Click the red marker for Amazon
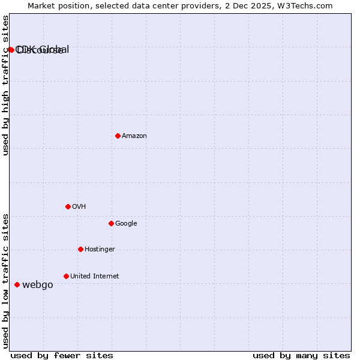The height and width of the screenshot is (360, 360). pyautogui.click(x=118, y=136)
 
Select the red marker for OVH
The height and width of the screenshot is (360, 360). pyautogui.click(x=68, y=206)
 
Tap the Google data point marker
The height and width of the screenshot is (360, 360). pyautogui.click(x=111, y=223)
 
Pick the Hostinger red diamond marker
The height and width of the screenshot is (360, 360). pyautogui.click(x=80, y=249)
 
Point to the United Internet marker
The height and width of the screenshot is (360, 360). pyautogui.click(x=66, y=276)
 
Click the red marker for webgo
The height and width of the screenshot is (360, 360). pyautogui.click(x=17, y=284)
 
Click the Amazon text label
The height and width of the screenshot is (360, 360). pyautogui.click(x=134, y=136)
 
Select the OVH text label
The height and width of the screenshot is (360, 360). pyautogui.click(x=79, y=206)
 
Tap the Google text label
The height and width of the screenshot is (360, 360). pyautogui.click(x=126, y=223)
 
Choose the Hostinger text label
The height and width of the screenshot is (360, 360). pyautogui.click(x=100, y=249)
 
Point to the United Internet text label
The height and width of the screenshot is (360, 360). pyautogui.click(x=94, y=276)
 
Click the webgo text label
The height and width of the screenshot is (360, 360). pyautogui.click(x=38, y=284)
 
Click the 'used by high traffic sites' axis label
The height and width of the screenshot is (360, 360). pyautogui.click(x=6, y=85)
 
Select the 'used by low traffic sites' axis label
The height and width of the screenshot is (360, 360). pyautogui.click(x=6, y=281)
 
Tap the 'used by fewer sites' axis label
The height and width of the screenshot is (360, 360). pyautogui.click(x=62, y=355)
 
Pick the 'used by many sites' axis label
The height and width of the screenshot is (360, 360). pyautogui.click(x=301, y=355)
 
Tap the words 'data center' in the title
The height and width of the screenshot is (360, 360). pyautogui.click(x=164, y=5)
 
